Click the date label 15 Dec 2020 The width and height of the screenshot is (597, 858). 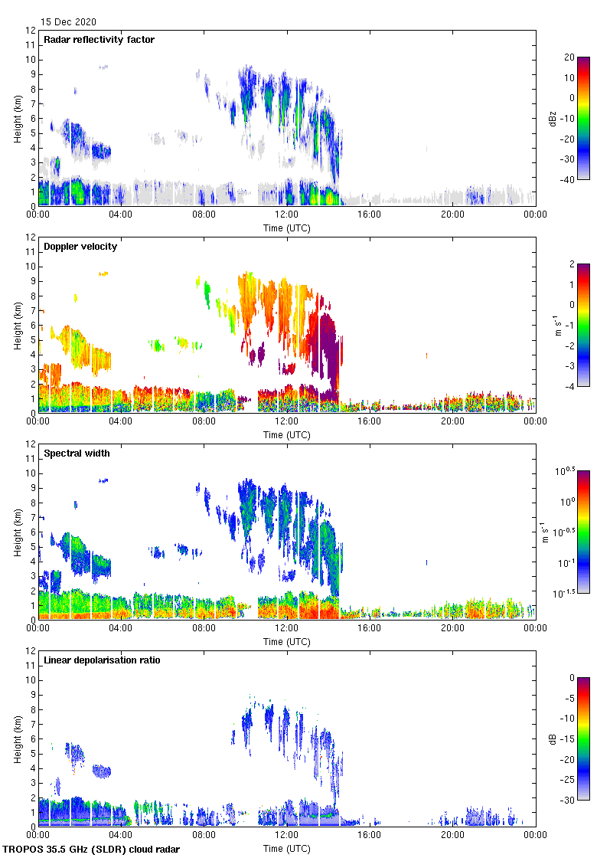(69, 22)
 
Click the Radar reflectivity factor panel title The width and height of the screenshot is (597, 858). (99, 40)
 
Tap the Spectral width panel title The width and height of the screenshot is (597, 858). (77, 454)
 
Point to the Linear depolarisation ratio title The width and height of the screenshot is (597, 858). (102, 660)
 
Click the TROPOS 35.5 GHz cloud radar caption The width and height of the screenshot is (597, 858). (92, 850)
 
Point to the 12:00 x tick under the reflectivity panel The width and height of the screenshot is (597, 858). (287, 215)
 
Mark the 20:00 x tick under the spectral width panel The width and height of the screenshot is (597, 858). (452, 628)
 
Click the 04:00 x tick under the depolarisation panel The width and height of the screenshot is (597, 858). (121, 835)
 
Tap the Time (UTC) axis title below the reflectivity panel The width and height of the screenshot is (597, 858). (287, 228)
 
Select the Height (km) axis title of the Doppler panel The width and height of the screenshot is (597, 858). (18, 325)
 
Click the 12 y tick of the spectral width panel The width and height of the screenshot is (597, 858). (31, 444)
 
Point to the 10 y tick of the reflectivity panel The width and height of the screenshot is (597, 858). (31, 60)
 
